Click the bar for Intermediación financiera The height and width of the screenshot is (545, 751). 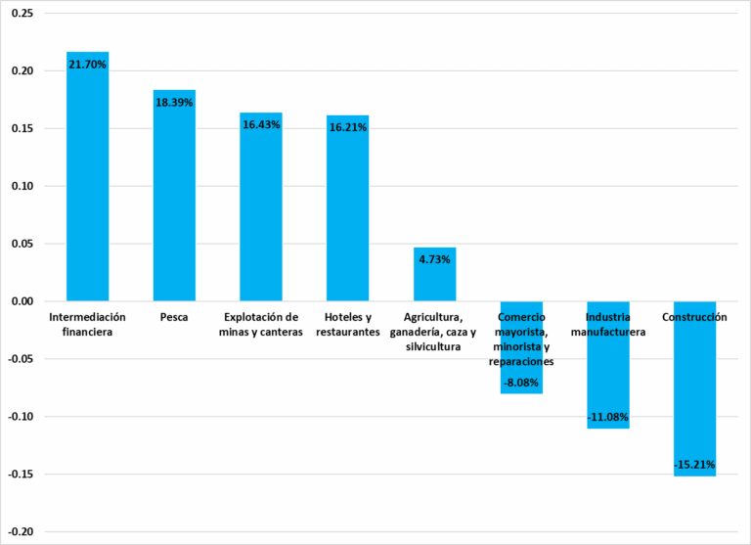[87, 186]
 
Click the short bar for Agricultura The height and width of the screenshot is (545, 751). [434, 279]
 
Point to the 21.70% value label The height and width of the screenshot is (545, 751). [87, 65]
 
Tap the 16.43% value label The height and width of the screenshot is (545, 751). [261, 125]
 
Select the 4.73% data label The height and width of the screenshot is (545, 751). [434, 259]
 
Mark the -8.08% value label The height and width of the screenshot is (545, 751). [521, 383]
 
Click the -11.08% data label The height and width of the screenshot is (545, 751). [607, 418]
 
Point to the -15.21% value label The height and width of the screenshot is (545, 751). [694, 464]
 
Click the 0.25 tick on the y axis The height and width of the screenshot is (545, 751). [22, 14]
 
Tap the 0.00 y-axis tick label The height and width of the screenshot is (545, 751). [22, 301]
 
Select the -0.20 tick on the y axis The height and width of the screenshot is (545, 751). [21, 532]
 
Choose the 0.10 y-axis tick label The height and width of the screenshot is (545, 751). [22, 186]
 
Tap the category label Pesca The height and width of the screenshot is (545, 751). [174, 318]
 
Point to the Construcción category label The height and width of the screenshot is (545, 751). [694, 318]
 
